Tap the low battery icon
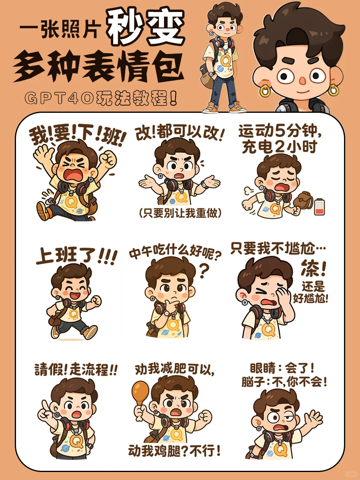[319, 207]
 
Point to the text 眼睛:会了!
[282, 367]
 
